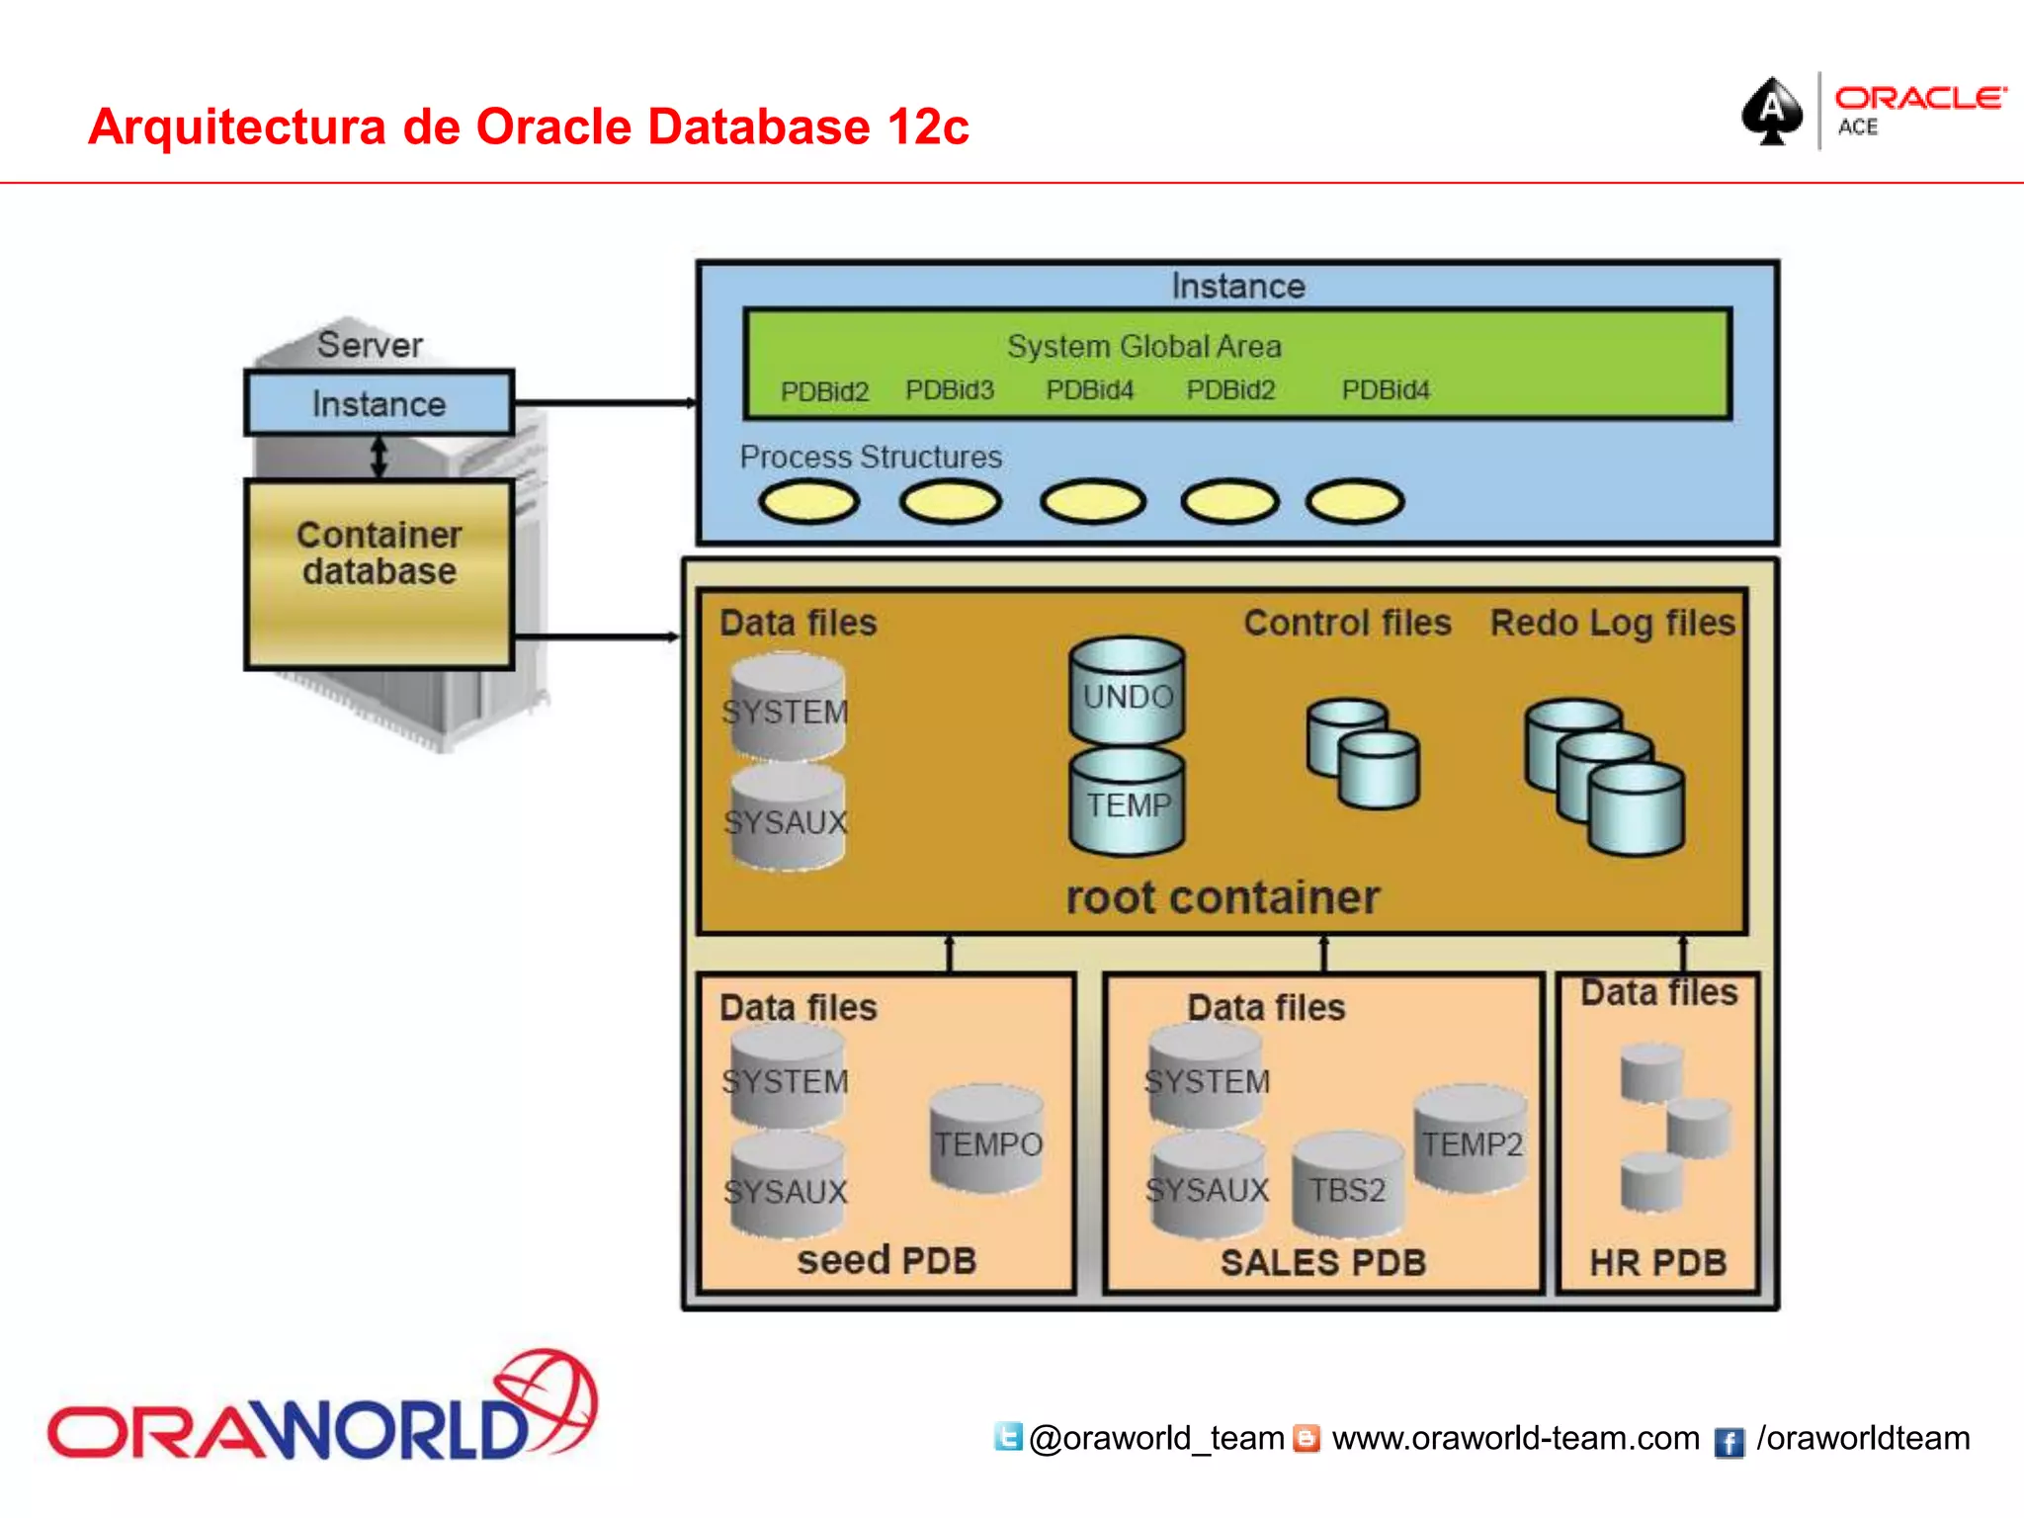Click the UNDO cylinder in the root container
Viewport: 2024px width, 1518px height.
tap(1127, 693)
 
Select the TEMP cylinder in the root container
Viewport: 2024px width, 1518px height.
tap(1127, 802)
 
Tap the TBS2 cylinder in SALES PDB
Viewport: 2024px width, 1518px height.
tap(1347, 1186)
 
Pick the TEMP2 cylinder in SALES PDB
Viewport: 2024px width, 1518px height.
tap(1472, 1141)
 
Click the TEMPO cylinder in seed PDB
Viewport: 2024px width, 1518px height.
tap(987, 1141)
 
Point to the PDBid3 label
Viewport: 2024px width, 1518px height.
tap(949, 390)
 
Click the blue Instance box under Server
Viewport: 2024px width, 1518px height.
tap(379, 403)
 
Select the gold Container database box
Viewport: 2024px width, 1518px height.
tap(379, 573)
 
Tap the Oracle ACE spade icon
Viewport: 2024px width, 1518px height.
tap(1772, 111)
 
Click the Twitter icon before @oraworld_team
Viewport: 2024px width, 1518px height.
tap(1008, 1437)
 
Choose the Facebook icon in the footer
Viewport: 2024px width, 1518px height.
tap(1729, 1442)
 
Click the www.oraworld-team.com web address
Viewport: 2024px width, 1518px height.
tap(1515, 1438)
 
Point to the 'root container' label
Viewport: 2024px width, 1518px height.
tap(1223, 897)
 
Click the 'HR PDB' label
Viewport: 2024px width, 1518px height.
tap(1657, 1262)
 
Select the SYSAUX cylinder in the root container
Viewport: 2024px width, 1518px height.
tap(787, 820)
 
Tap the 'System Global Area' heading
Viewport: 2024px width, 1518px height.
tap(1143, 346)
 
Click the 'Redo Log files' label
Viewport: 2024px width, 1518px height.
tap(1612, 623)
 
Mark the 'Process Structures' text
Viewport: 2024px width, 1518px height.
tap(871, 457)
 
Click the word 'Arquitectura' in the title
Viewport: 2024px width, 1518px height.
tap(236, 126)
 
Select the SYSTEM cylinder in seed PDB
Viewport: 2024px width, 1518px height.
tap(787, 1079)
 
